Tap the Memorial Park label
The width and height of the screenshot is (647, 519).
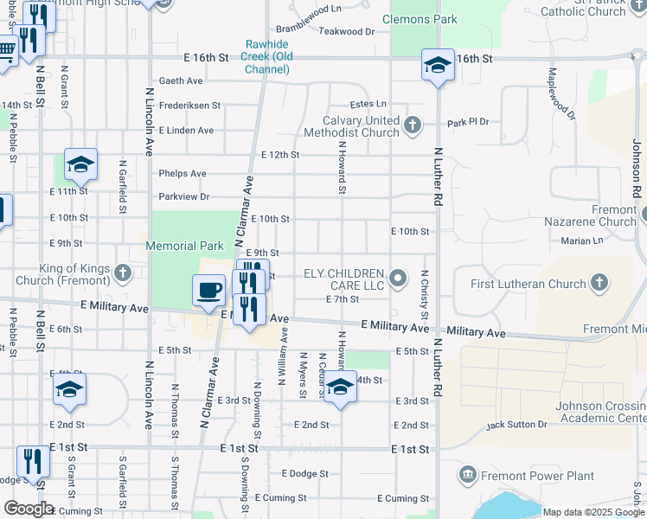(x=184, y=247)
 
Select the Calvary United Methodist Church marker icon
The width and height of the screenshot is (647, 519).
(x=413, y=126)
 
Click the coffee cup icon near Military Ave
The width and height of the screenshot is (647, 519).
(x=208, y=290)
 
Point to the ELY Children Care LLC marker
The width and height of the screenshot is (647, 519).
(x=398, y=278)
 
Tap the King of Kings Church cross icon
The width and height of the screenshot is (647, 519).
(x=123, y=274)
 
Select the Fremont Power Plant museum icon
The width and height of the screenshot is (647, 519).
(x=468, y=476)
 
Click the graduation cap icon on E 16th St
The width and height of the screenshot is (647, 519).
(x=438, y=65)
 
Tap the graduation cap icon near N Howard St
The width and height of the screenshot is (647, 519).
(x=340, y=388)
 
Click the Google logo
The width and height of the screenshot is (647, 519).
(x=29, y=508)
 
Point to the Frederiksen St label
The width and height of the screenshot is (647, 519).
(x=189, y=106)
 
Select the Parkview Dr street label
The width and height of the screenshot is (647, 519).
(x=183, y=197)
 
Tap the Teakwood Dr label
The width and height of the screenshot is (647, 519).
(x=346, y=31)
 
